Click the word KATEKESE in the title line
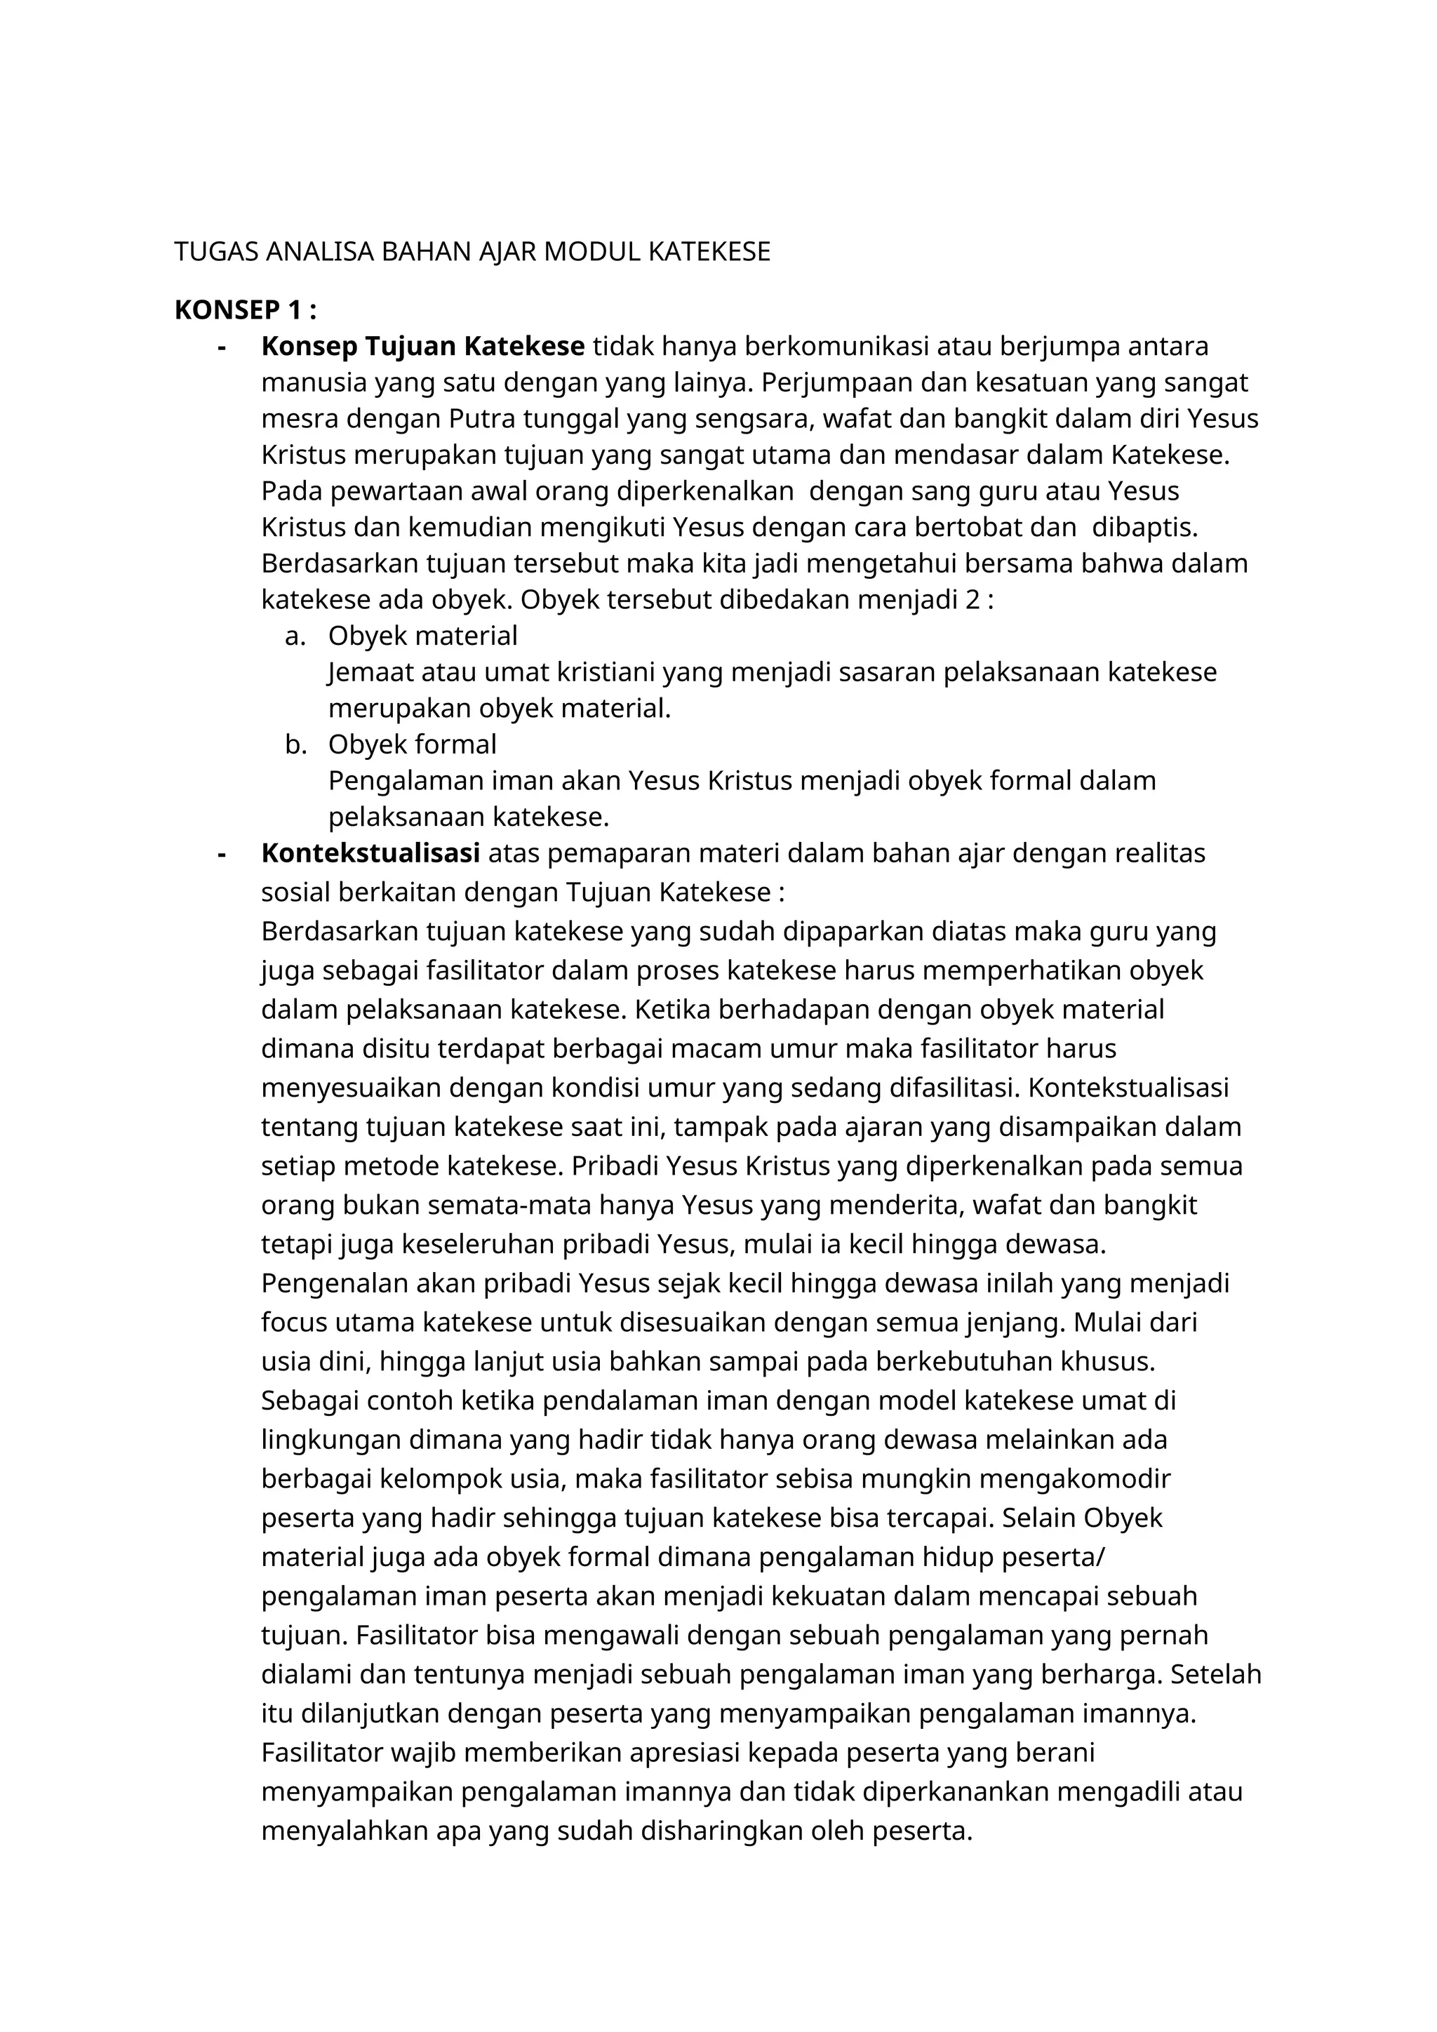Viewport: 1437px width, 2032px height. [709, 252]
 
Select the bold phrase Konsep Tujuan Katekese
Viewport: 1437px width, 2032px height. [422, 346]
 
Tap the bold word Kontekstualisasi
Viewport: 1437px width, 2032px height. [370, 853]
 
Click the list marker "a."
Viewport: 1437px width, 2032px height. [295, 636]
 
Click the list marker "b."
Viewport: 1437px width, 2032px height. [295, 744]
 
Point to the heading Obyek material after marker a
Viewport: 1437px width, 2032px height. [422, 636]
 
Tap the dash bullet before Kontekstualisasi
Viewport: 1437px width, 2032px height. [221, 853]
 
